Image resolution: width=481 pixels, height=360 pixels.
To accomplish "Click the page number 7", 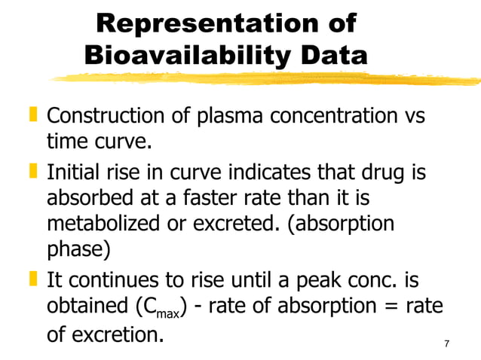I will [x=447, y=344].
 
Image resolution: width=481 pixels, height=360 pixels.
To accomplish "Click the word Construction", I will [x=104, y=117].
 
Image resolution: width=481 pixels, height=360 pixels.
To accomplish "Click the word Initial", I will [x=72, y=173].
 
